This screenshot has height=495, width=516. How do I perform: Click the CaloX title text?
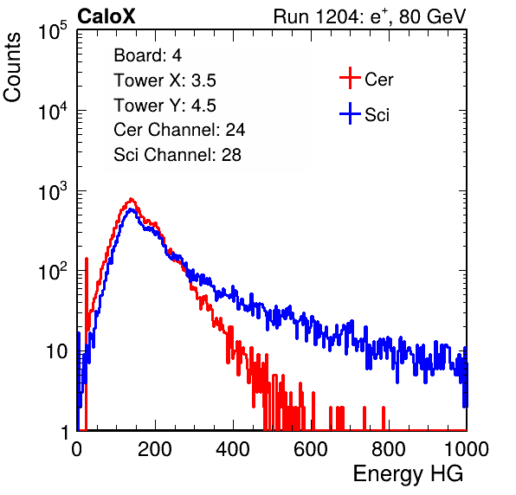pyautogui.click(x=106, y=16)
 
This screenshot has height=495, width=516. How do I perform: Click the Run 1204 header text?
pyautogui.click(x=370, y=16)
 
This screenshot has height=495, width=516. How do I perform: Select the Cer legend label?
pyautogui.click(x=378, y=80)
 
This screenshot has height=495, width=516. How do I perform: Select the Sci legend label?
pyautogui.click(x=377, y=115)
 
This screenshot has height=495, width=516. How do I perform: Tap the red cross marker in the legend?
pyautogui.click(x=350, y=78)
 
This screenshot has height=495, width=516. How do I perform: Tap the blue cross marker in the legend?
pyautogui.click(x=350, y=113)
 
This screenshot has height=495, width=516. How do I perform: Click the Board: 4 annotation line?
pyautogui.click(x=147, y=55)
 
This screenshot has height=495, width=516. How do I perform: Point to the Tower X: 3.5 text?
pyautogui.click(x=164, y=80)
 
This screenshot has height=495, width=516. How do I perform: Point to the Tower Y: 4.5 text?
pyautogui.click(x=164, y=106)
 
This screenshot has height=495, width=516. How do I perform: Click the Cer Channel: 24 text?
pyautogui.click(x=179, y=130)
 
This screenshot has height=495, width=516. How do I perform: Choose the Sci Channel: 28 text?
pyautogui.click(x=177, y=155)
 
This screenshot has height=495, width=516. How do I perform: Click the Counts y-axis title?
pyautogui.click(x=12, y=67)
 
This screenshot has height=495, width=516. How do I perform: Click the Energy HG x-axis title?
pyautogui.click(x=408, y=474)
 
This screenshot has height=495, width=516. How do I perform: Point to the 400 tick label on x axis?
pyautogui.click(x=233, y=449)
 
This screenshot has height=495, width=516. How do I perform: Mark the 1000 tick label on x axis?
pyautogui.click(x=467, y=449)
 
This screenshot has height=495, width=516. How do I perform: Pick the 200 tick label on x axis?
pyautogui.click(x=155, y=449)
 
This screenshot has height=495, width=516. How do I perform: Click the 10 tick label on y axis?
pyautogui.click(x=56, y=351)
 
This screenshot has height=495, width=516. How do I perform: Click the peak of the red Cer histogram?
pyautogui.click(x=132, y=199)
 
